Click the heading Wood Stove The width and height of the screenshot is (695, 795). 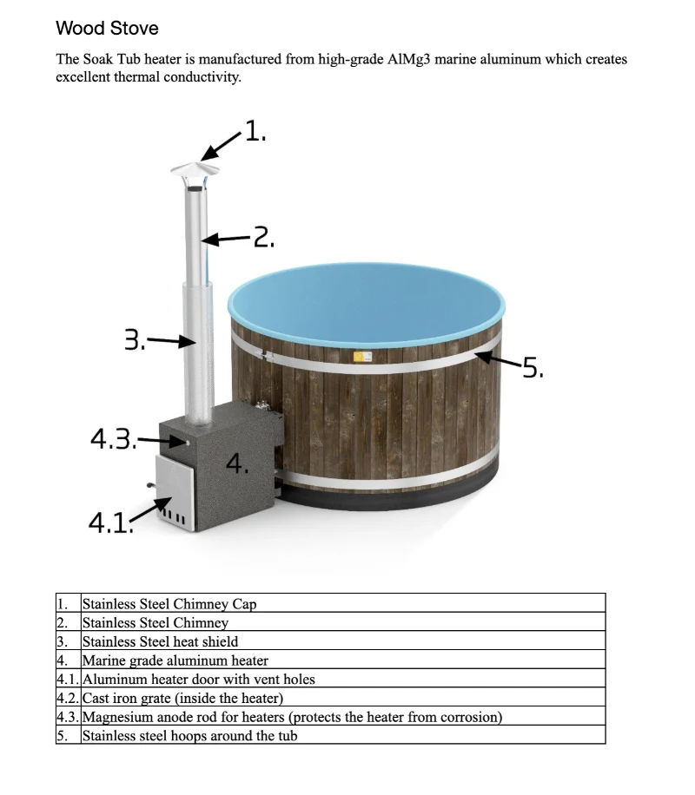107,28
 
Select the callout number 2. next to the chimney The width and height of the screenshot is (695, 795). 263,236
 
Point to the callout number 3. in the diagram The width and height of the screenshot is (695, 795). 135,339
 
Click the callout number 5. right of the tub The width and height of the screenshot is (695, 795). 531,369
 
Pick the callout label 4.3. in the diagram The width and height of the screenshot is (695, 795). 112,439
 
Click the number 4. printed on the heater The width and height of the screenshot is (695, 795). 237,463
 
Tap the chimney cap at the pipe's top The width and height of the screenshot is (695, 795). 195,168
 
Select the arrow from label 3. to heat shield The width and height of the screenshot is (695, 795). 170,341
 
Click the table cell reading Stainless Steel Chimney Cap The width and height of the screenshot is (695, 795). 169,603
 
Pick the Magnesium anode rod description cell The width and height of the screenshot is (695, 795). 292,717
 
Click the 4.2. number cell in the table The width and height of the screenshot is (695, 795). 68,698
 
